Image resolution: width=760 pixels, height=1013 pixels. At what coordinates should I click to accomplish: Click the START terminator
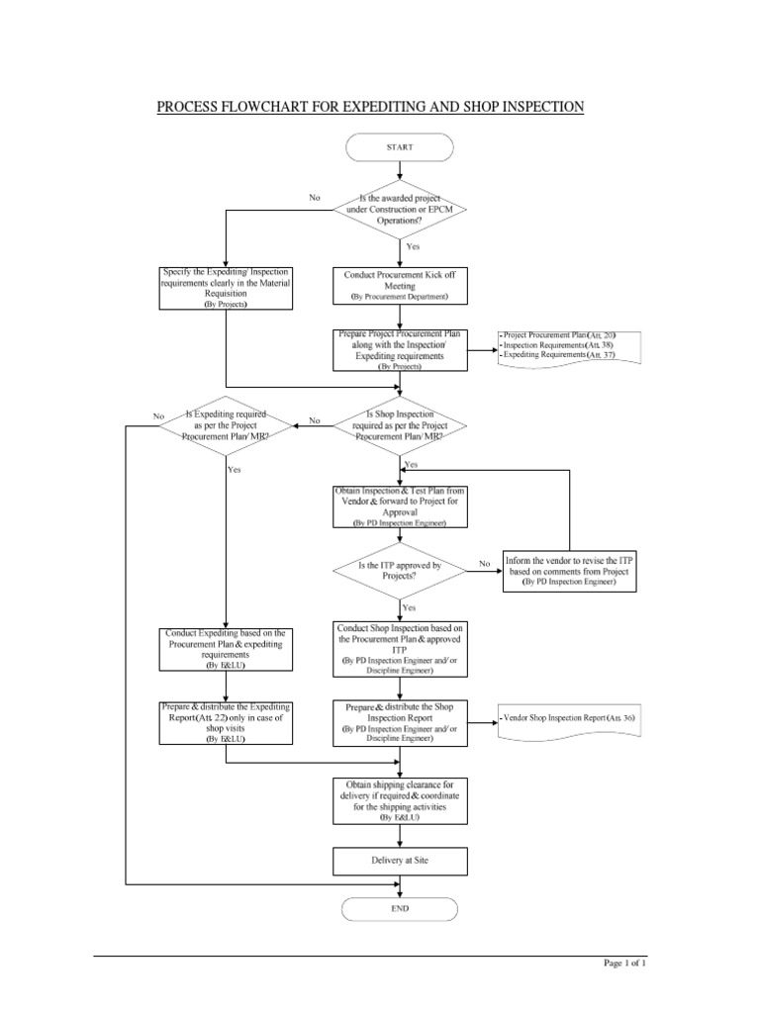[400, 146]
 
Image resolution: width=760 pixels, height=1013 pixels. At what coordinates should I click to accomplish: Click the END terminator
[400, 907]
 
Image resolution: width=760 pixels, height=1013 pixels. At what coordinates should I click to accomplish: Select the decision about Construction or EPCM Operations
[400, 211]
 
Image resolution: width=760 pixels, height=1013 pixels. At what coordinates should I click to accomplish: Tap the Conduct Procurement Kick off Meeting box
[400, 284]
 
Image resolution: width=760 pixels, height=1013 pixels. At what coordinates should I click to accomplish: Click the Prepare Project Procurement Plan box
[400, 350]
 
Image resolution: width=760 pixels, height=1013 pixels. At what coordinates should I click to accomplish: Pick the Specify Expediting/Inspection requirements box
[226, 288]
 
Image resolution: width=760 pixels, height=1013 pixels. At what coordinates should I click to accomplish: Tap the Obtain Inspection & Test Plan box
[400, 507]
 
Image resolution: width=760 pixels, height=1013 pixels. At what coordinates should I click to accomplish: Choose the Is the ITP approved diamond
[400, 569]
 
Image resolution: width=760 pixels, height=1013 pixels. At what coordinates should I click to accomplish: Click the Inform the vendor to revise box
[569, 570]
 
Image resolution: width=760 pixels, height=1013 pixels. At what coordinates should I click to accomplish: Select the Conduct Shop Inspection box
[400, 649]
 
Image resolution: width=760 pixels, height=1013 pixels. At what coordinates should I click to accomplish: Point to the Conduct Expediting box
[226, 649]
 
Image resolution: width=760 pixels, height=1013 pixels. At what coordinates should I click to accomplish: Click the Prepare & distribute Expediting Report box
[226, 722]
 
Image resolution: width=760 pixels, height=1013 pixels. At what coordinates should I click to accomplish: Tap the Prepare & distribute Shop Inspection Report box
[400, 722]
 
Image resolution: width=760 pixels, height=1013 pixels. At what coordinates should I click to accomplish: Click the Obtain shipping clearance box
[400, 800]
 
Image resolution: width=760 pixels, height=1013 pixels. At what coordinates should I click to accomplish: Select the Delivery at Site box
[400, 861]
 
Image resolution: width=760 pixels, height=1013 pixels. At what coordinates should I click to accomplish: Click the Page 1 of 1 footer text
[623, 963]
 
